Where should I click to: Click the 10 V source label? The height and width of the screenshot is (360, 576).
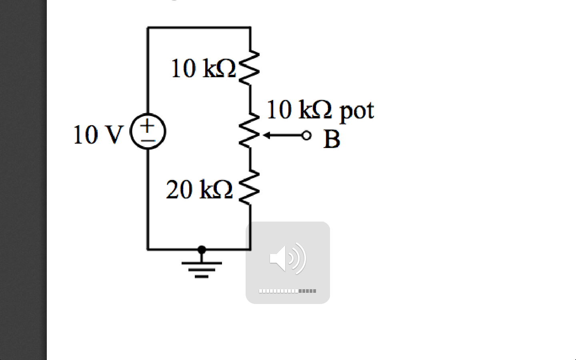point(97,135)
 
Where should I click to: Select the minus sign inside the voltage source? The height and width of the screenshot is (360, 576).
point(148,140)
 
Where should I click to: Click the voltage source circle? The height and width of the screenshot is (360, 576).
point(148,131)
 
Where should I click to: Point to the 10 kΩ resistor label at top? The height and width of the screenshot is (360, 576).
point(203,68)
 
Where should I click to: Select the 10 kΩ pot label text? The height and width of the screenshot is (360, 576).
point(320,110)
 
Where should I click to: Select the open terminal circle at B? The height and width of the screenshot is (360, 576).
point(306,136)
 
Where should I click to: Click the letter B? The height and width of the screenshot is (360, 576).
point(332,139)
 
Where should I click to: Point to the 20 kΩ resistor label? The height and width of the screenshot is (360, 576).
point(199,189)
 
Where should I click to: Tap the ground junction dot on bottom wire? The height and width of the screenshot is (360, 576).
point(202,250)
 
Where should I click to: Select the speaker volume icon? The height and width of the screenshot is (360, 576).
point(288,258)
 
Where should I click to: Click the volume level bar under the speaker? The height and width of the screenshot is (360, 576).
point(288,291)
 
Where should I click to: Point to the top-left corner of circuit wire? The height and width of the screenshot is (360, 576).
point(148,27)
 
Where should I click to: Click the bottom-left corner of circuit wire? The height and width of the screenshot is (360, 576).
point(148,250)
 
